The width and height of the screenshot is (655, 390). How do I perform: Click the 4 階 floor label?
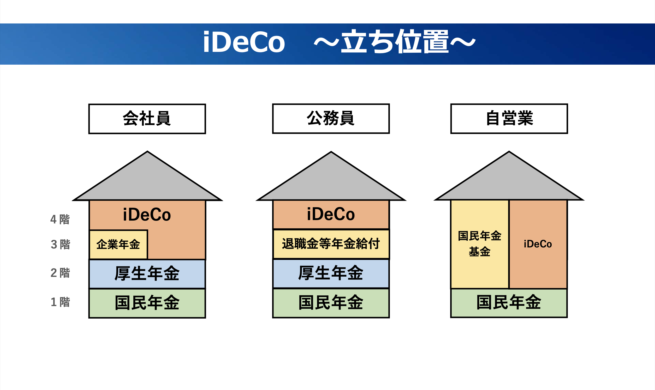click(60, 219)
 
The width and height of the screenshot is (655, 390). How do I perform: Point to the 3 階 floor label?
click(60, 244)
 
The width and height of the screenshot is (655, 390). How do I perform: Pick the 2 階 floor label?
click(60, 272)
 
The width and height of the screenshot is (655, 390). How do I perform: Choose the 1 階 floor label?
click(60, 302)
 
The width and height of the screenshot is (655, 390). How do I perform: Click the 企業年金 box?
click(118, 245)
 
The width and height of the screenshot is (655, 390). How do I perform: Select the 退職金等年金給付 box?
click(331, 244)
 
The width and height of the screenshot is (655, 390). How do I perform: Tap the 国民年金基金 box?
click(480, 244)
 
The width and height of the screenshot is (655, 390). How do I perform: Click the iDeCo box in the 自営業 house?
click(538, 244)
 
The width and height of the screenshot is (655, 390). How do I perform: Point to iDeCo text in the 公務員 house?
click(331, 214)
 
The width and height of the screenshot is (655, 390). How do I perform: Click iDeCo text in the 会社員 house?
click(147, 215)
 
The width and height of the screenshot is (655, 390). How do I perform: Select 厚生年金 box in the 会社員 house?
click(147, 274)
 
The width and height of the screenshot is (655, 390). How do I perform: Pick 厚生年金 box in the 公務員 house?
click(331, 273)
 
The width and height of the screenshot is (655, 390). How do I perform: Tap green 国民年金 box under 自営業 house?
click(509, 303)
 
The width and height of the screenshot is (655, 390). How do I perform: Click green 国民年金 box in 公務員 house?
click(331, 303)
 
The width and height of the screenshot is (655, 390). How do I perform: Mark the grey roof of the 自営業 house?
click(509, 181)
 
